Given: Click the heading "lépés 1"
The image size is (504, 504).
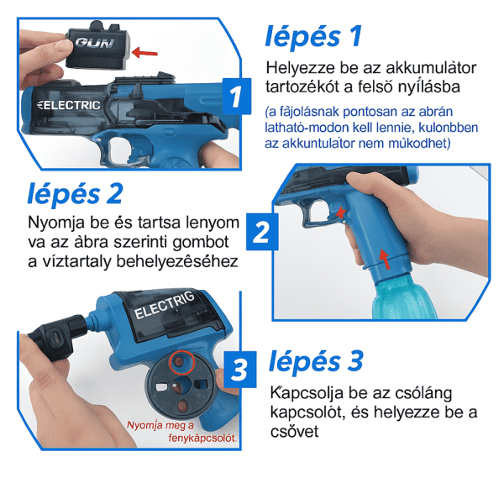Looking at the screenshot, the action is click(x=313, y=36).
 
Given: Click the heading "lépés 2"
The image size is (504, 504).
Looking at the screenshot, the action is click(x=76, y=194).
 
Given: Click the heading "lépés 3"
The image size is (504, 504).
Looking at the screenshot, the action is click(x=316, y=361).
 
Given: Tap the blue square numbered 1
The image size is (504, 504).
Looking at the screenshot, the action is click(x=236, y=96).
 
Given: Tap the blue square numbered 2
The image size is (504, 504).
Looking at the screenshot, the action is click(x=262, y=232).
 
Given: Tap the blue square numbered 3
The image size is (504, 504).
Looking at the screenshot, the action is click(x=239, y=370).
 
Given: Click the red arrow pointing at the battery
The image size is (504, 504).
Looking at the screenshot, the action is click(x=144, y=52).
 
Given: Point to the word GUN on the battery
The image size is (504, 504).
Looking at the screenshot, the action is click(x=95, y=43).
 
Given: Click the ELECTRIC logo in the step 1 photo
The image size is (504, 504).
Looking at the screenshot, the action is click(x=69, y=105).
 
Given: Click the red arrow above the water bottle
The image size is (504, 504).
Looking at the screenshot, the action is click(x=384, y=259).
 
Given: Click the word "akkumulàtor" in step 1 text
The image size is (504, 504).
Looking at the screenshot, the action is click(x=431, y=68).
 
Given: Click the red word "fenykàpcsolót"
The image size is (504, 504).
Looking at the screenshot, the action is click(x=202, y=438).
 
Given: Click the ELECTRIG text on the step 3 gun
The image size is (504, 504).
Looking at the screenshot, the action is click(x=165, y=305).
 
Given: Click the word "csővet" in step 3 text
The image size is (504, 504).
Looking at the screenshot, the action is click(x=295, y=432).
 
